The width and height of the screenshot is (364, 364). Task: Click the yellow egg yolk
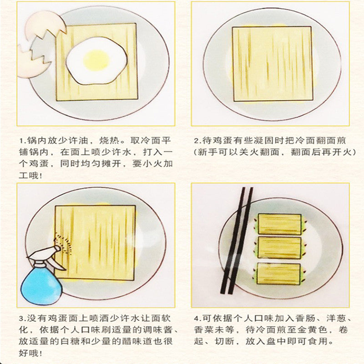[x=96, y=60]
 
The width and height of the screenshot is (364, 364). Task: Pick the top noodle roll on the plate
[x=280, y=224]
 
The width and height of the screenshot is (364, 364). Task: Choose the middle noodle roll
[x=279, y=248]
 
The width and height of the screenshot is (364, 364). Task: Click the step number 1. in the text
[x=22, y=141]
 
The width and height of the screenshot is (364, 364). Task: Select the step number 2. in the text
[x=197, y=141]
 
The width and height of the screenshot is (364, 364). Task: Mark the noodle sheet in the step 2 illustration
[x=273, y=64]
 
